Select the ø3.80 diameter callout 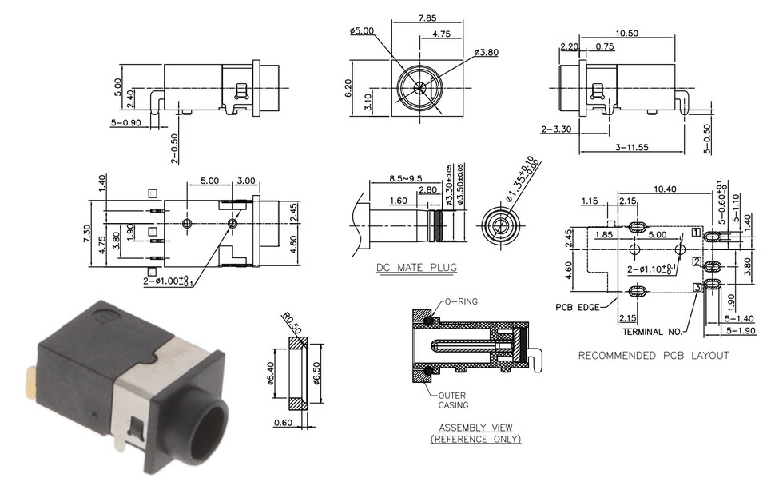(487, 52)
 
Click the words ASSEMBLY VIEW (475, 428)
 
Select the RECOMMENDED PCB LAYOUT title (653, 356)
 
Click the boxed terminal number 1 (697, 233)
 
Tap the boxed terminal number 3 (697, 287)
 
